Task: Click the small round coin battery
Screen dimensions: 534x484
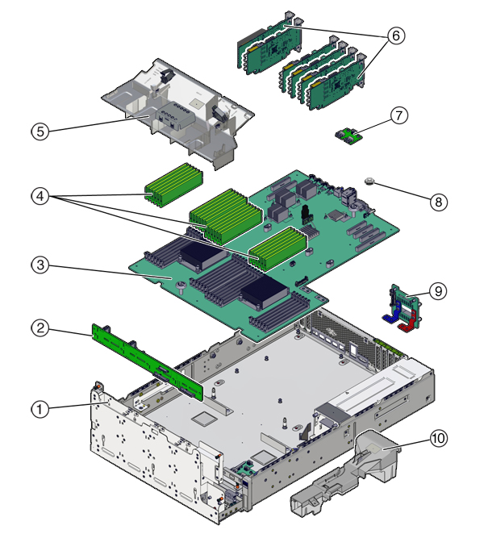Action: (x=372, y=182)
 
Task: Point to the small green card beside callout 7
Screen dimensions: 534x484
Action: (x=346, y=135)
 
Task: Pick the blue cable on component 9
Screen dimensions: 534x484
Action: (x=390, y=317)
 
